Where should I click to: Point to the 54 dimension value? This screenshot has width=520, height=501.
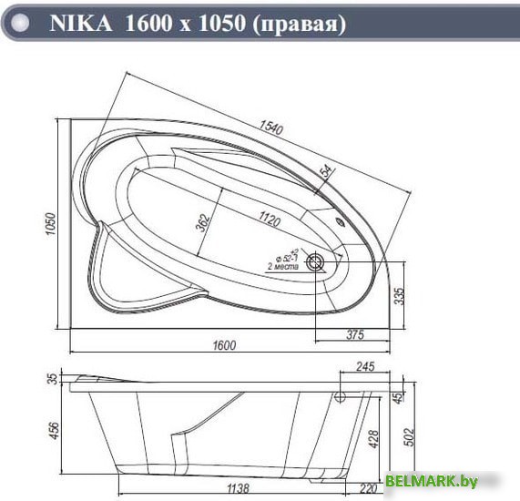tap(326, 171)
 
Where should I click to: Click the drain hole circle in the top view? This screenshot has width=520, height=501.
tap(316, 264)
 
